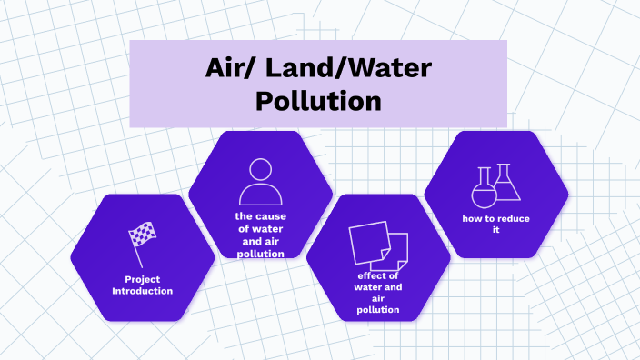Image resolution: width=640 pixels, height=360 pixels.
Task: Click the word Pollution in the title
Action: click(317, 98)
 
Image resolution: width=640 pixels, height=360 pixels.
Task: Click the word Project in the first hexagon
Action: click(143, 278)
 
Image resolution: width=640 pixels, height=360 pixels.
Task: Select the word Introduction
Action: click(143, 291)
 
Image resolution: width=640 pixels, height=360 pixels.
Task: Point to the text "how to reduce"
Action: click(496, 218)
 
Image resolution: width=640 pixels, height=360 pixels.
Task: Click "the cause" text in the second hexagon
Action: click(260, 216)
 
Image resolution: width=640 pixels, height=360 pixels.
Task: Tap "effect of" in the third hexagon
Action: click(378, 275)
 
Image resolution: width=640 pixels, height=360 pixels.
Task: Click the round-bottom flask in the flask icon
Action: click(483, 190)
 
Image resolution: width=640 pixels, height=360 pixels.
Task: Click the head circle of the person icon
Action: click(260, 170)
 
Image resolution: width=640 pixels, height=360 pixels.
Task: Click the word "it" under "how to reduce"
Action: click(496, 230)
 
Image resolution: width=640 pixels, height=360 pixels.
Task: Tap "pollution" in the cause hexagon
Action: click(260, 254)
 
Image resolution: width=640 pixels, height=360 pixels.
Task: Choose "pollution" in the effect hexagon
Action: click(378, 310)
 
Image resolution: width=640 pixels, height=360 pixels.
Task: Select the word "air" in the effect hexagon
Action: click(378, 298)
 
